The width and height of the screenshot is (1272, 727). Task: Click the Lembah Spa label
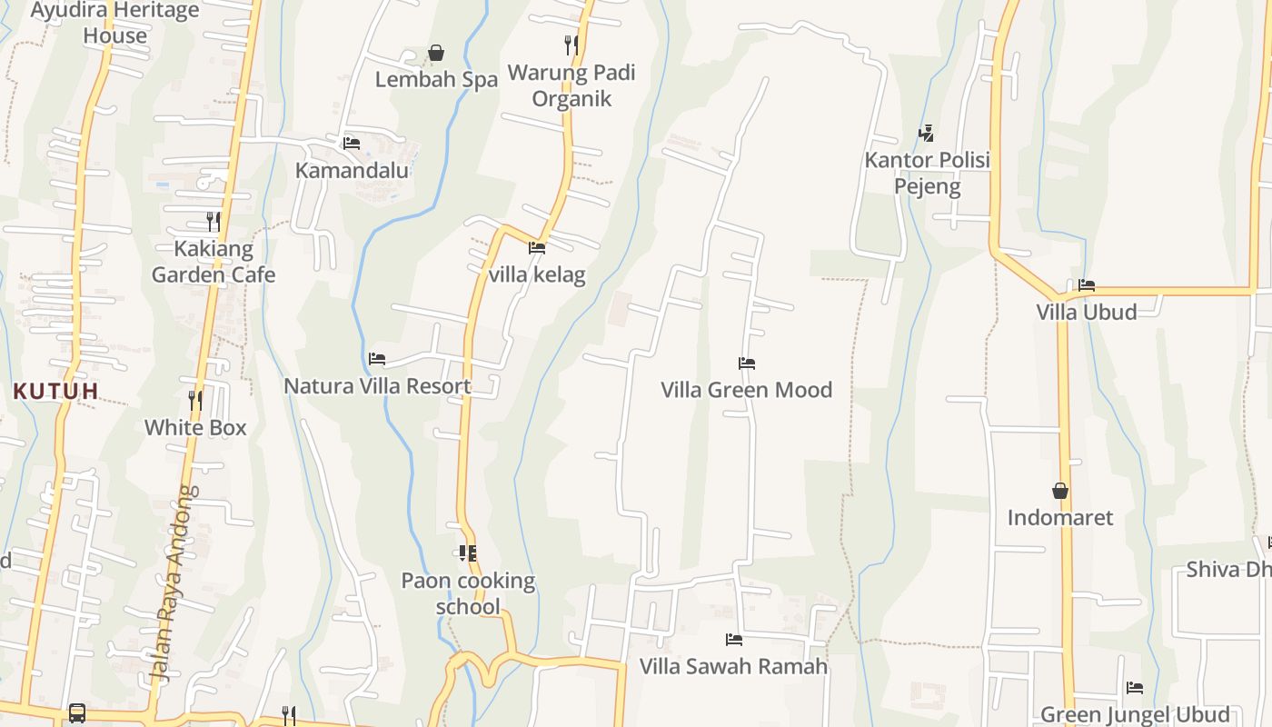pos(436,80)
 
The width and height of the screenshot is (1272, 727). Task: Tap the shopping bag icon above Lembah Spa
pos(436,53)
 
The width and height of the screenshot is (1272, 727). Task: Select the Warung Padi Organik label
pos(571,85)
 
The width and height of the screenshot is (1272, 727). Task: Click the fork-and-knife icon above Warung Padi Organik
pos(571,45)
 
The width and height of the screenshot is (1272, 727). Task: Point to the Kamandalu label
pos(352,170)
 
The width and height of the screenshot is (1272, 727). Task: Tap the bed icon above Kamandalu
pos(352,144)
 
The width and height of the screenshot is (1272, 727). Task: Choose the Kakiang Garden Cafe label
pos(214,262)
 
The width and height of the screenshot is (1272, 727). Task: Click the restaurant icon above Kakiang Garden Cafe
pos(214,221)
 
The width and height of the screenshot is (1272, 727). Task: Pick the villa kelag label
pos(537,274)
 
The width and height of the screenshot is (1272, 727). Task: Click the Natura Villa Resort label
pos(377,386)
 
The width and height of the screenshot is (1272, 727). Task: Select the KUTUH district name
pos(55,392)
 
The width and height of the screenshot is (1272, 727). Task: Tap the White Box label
pos(195,427)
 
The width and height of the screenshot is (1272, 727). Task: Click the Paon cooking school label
pos(468,593)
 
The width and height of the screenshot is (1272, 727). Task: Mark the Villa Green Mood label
pos(747,390)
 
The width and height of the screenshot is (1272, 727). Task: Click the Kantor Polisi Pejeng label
pos(927,174)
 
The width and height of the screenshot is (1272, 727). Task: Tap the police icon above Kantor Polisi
pos(927,134)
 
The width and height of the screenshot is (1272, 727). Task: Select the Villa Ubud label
pos(1087,312)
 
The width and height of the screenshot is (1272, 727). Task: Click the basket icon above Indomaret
pos(1060,491)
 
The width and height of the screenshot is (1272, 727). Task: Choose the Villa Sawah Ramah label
pos(734,666)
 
